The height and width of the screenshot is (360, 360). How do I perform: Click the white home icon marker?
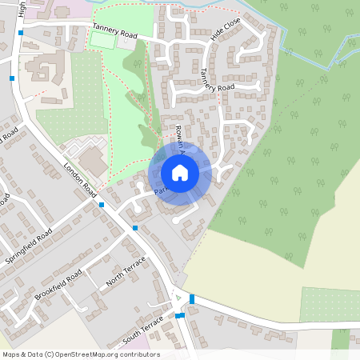click(x=180, y=173)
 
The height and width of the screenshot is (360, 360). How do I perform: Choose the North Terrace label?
click(x=126, y=272)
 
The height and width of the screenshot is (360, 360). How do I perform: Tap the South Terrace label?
click(x=143, y=327)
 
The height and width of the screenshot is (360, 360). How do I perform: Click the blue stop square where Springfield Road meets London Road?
click(x=102, y=205)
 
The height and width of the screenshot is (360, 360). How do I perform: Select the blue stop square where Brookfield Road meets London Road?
click(x=135, y=228)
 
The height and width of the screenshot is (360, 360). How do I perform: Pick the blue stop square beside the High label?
click(x=20, y=34)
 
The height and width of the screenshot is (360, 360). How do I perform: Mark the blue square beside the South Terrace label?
click(x=180, y=315)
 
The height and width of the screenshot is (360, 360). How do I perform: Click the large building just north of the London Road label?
click(x=94, y=162)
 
